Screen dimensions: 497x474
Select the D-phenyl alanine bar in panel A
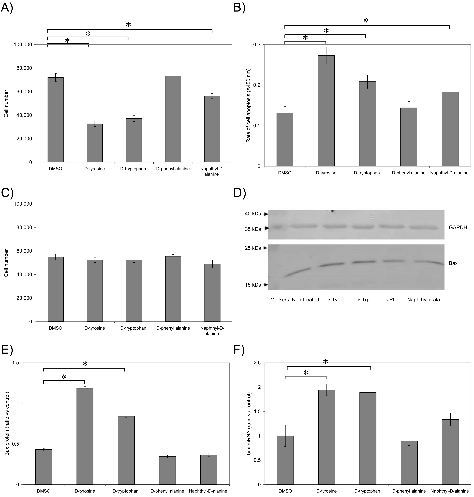coord(173,119)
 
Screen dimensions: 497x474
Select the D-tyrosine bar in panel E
coord(85,436)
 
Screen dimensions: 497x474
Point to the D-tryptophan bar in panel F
coord(368,438)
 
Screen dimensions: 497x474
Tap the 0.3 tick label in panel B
coord(257,44)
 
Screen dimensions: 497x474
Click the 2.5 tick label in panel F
coord(257,363)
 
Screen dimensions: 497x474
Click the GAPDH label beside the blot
coord(458,227)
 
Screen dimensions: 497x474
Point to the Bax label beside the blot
coord(453,263)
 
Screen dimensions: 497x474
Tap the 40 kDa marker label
coord(253,214)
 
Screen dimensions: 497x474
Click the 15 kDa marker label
coord(253,285)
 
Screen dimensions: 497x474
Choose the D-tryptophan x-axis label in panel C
coord(133,328)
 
